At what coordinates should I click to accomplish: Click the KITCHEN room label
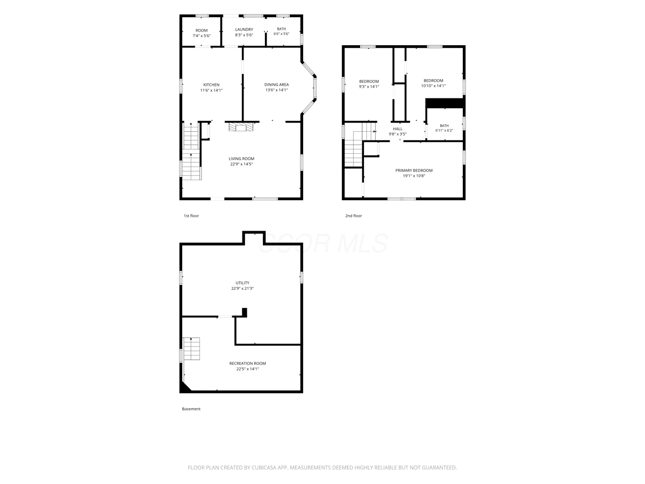[211, 85]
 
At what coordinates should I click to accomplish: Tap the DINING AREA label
[276, 84]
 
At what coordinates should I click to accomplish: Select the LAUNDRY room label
[244, 30]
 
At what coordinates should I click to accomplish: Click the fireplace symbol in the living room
[241, 127]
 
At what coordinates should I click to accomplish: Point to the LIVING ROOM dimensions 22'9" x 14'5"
[241, 164]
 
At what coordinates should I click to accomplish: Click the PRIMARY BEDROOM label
[414, 170]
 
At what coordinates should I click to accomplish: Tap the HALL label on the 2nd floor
[398, 129]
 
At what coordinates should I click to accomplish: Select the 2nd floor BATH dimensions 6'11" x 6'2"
[444, 131]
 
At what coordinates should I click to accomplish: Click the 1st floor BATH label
[281, 29]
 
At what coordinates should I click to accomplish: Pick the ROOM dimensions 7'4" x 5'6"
[202, 36]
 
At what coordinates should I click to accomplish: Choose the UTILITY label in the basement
[242, 283]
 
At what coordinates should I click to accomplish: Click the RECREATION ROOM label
[247, 364]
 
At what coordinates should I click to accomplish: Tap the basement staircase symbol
[191, 348]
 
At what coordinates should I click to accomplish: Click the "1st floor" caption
[191, 216]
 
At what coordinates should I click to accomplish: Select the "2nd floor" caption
[354, 216]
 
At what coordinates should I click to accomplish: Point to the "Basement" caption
[191, 409]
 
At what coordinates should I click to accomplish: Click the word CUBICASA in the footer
[264, 467]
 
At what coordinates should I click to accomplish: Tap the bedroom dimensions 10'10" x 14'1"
[433, 86]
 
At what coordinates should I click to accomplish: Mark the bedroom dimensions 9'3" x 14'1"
[369, 87]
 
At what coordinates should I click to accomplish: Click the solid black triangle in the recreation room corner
[184, 387]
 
